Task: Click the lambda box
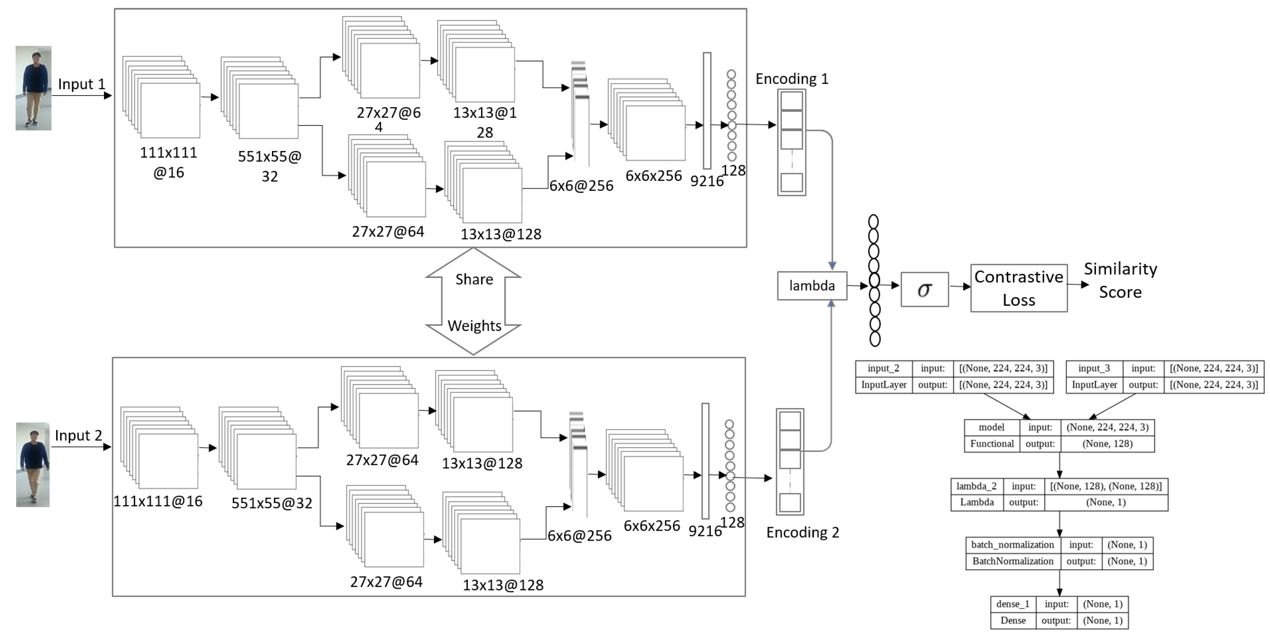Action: [x=811, y=286]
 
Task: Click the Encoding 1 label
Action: [x=792, y=79]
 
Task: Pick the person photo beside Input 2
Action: [x=33, y=465]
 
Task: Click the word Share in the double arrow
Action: [x=474, y=280]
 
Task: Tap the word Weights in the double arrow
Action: [x=474, y=326]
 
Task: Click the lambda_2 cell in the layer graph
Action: [x=976, y=486]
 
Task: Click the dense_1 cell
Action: [x=1013, y=604]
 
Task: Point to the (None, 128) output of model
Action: [x=1107, y=444]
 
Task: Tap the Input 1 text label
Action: [x=81, y=84]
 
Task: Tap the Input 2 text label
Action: [x=78, y=435]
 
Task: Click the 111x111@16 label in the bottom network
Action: [x=158, y=501]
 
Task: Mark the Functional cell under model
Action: [x=992, y=444]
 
